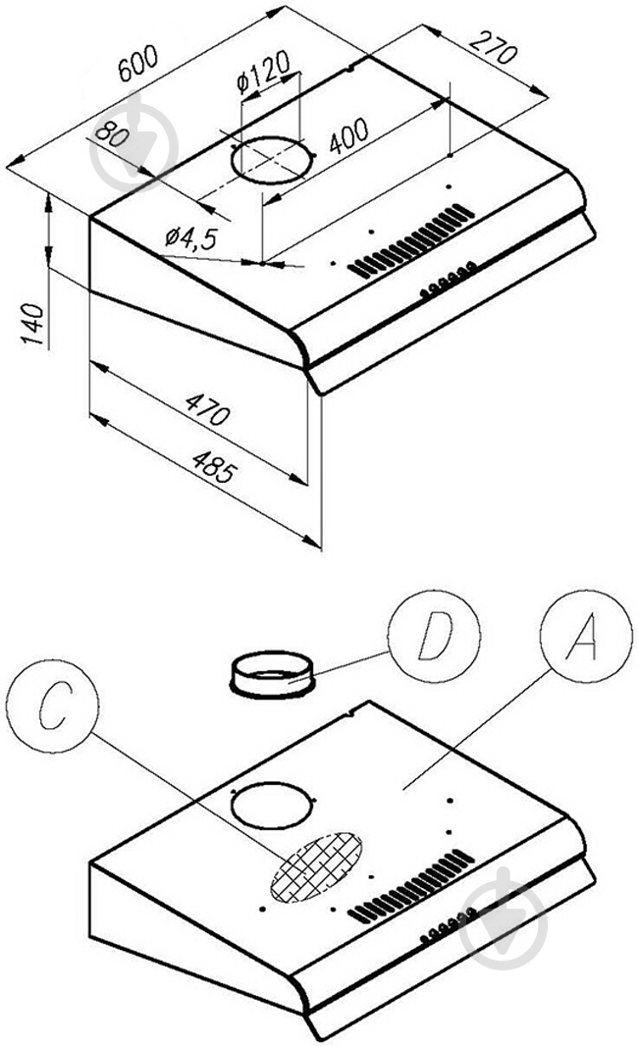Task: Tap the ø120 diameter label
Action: [263, 75]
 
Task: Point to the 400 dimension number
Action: [347, 137]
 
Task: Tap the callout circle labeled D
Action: [433, 641]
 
